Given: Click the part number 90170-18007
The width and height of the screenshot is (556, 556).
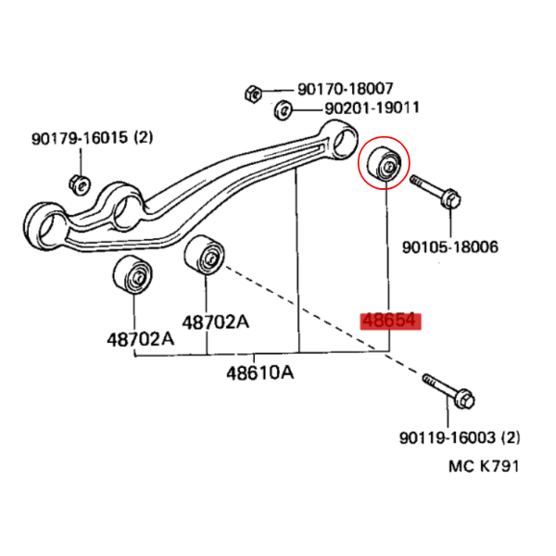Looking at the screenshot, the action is tap(345, 89).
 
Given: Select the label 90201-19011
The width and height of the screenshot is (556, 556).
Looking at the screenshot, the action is tap(372, 107).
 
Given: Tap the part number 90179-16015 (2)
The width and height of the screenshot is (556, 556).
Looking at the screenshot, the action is tap(92, 137).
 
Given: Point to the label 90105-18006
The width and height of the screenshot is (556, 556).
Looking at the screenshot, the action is tap(450, 246).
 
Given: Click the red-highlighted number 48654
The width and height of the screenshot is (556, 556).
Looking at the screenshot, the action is tap(390, 321).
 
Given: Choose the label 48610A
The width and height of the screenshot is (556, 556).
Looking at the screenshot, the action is tap(260, 373).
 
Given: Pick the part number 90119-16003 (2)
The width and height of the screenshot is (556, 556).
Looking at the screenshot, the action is tap(460, 437).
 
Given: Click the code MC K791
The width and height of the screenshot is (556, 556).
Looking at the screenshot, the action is tap(484, 466).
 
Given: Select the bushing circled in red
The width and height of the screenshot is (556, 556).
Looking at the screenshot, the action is tap(385, 165).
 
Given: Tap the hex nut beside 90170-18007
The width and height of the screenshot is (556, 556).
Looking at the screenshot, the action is tap(253, 94).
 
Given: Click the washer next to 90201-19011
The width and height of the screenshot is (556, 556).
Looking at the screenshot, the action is tap(283, 110).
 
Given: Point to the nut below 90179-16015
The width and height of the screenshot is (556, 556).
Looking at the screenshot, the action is tap(80, 184).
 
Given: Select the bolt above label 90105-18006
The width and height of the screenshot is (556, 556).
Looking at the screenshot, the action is tap(436, 192).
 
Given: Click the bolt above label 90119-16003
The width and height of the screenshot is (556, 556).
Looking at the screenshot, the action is tap(449, 391).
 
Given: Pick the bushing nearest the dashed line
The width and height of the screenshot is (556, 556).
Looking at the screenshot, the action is tap(204, 255).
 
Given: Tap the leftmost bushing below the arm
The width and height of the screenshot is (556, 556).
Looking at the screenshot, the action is tap(133, 274).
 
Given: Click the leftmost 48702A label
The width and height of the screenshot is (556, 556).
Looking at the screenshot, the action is tap(141, 340).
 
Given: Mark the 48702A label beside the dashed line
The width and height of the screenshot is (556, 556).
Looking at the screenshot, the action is tap(216, 322).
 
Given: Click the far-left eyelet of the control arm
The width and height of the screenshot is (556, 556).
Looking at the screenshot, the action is tap(45, 227).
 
